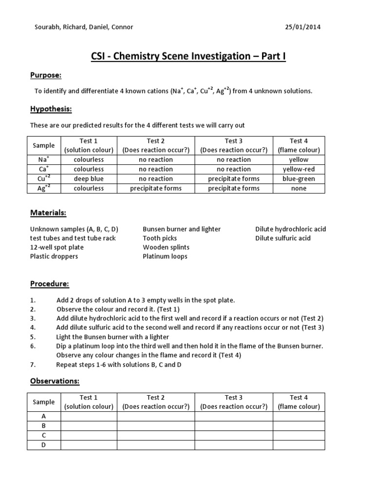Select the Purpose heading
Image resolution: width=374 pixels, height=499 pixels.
click(x=46, y=76)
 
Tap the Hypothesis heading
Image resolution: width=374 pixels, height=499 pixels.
click(x=51, y=109)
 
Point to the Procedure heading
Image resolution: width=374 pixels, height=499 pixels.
click(x=50, y=284)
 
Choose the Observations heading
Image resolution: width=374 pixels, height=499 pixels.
click(x=55, y=381)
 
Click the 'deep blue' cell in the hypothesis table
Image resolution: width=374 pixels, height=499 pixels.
click(x=89, y=179)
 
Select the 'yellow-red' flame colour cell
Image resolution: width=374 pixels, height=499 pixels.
click(x=299, y=169)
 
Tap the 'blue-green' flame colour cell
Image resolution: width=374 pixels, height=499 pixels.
click(x=299, y=179)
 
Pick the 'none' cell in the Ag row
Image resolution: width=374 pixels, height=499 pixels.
click(x=299, y=188)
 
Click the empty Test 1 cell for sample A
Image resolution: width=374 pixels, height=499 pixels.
click(x=89, y=416)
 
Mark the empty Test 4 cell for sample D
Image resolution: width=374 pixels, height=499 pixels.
click(x=299, y=444)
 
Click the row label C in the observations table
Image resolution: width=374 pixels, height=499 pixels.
click(x=44, y=435)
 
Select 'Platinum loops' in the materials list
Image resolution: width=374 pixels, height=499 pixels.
click(x=165, y=256)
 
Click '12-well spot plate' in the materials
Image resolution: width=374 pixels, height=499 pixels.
click(x=57, y=248)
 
